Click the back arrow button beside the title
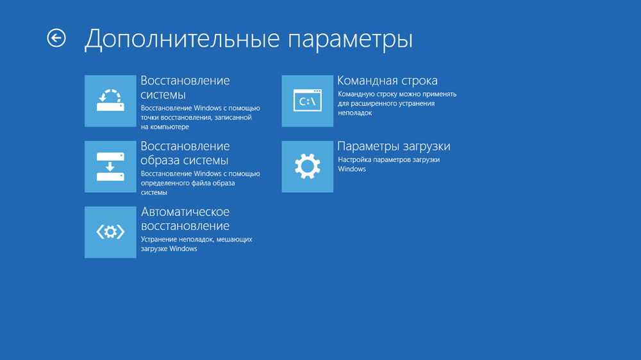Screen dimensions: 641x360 pos(56,38)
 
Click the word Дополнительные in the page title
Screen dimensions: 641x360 pos(182,39)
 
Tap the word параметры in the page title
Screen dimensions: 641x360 pos(351,40)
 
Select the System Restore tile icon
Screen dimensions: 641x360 pos(110,101)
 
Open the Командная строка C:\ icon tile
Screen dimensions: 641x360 pos(308,101)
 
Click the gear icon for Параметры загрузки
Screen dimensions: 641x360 pos(308,167)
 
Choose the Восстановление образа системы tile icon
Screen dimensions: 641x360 pos(110,167)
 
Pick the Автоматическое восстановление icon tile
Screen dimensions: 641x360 pos(110,232)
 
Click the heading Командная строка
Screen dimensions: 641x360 pos(387,81)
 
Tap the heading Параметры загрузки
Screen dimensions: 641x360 pos(394,146)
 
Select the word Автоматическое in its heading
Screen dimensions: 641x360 pos(185,211)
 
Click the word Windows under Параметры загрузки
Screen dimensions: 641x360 pos(352,168)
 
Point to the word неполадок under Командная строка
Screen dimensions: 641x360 pos(355,113)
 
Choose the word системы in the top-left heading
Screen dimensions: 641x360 pos(163,95)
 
